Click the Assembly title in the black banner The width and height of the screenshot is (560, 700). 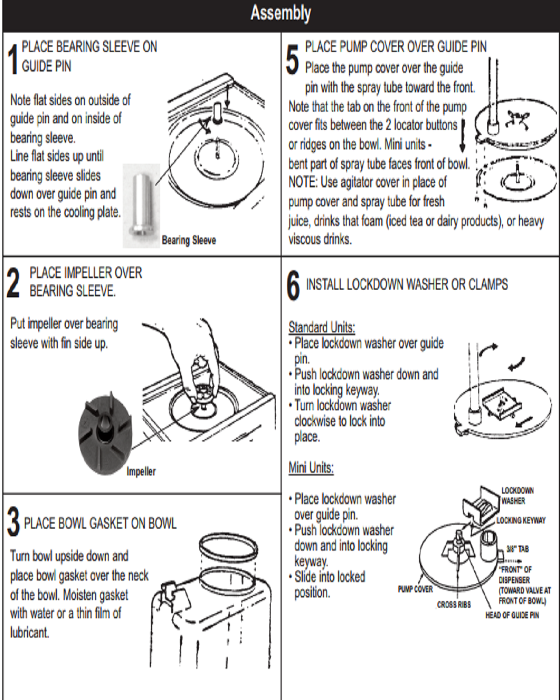point(280,13)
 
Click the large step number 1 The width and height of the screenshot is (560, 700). point(13,58)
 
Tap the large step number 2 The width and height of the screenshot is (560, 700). point(13,283)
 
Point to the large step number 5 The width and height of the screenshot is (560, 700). point(292,59)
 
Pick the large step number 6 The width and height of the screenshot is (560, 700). point(293,286)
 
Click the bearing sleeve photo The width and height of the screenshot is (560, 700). point(140,205)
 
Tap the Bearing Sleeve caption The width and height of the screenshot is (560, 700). point(189,240)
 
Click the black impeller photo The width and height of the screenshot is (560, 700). point(106,434)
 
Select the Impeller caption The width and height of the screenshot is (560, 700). point(141,472)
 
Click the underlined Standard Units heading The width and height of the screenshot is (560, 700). point(322,327)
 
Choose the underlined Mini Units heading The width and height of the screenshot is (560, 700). point(311,468)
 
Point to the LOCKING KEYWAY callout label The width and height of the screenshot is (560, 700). point(521,520)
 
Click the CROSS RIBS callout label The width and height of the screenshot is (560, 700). point(454,605)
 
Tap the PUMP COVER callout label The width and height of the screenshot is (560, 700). point(415,589)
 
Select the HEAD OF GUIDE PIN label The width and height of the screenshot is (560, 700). point(512,616)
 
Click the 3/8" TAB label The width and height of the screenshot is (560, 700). point(518,549)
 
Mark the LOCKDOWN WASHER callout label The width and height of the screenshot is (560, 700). point(517,496)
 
